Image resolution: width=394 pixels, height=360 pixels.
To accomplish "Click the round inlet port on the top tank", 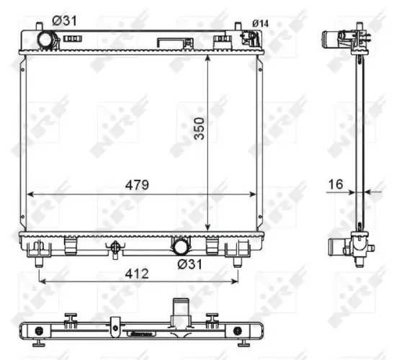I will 47,40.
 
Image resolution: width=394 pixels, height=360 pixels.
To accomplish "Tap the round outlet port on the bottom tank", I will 180,247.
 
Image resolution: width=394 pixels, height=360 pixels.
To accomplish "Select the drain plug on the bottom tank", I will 113,248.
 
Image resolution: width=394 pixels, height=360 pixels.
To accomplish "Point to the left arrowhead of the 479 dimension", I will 30,194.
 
